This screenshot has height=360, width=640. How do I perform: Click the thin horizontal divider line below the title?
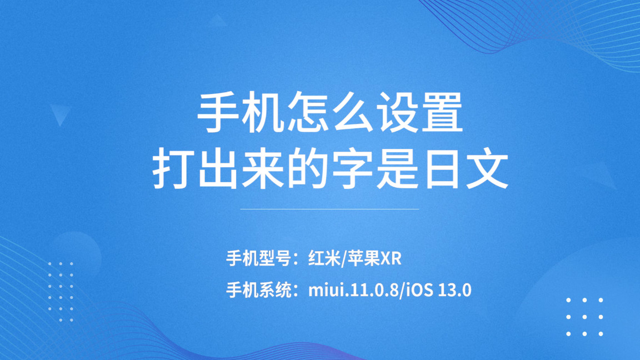[x=329, y=209]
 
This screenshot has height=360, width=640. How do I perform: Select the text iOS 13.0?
[x=439, y=290]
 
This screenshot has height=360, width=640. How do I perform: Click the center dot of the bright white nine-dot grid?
[x=584, y=317]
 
